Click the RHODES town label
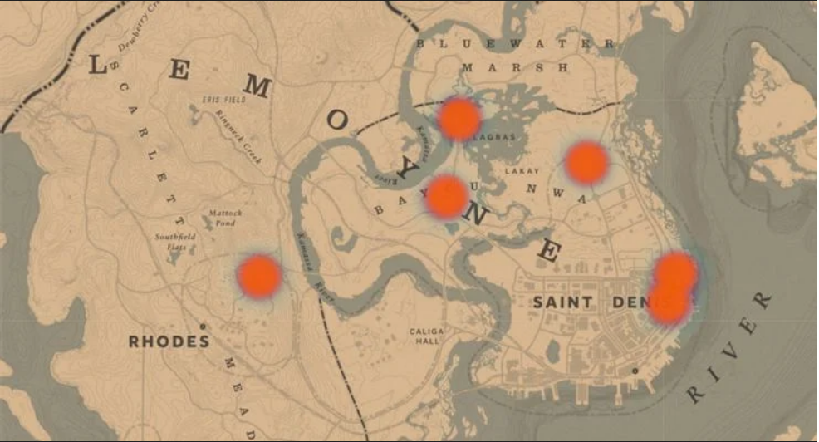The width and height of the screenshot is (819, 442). tap(169, 341)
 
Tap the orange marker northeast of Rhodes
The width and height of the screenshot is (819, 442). tap(259, 277)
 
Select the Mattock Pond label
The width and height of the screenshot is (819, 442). tap(225, 218)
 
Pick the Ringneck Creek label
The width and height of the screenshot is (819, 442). tap(238, 135)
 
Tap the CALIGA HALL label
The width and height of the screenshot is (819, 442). tap(427, 336)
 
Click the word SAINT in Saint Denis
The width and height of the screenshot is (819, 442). tap(563, 302)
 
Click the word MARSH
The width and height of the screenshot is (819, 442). tap(516, 67)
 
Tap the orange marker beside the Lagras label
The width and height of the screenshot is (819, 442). tap(459, 119)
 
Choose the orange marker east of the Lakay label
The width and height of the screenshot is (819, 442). tap(586, 163)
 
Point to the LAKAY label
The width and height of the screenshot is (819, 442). tap(522, 171)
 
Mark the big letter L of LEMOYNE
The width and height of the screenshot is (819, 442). tap(97, 64)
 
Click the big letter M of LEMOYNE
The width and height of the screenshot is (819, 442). tap(257, 86)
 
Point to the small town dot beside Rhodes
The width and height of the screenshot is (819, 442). tap(202, 326)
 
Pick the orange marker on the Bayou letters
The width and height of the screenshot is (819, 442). tap(446, 197)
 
